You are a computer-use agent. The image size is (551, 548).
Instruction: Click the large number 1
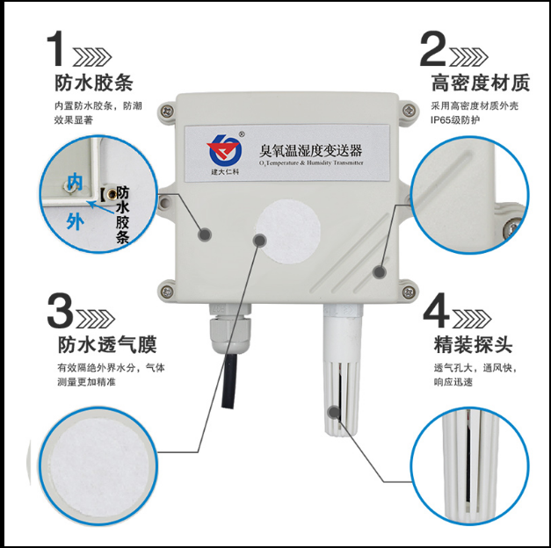tap(55, 48)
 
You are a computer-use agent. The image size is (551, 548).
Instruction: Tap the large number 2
tap(433, 48)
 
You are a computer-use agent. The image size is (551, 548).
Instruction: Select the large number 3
tap(60, 311)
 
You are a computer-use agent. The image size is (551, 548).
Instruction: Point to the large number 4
tap(437, 310)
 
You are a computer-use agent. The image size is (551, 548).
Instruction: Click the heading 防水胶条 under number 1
tap(94, 83)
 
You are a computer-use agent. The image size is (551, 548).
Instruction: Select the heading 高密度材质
tap(481, 83)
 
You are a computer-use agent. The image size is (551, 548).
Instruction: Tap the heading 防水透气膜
tap(107, 344)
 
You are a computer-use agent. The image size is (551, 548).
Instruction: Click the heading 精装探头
tap(473, 344)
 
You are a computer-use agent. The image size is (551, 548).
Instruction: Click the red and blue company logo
tap(224, 150)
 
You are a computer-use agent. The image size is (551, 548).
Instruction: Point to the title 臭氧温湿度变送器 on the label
tap(310, 151)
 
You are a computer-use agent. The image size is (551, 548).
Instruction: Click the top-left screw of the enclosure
tap(167, 112)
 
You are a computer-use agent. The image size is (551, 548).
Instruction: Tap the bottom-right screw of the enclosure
tap(409, 292)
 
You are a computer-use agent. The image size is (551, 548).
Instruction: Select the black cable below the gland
tap(228, 381)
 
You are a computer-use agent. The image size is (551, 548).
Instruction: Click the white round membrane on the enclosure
tap(288, 232)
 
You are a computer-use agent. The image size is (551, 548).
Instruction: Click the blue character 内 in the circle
tap(75, 182)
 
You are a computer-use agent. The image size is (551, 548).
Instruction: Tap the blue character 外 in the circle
tap(76, 221)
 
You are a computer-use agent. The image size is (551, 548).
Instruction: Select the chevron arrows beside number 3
tap(95, 319)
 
